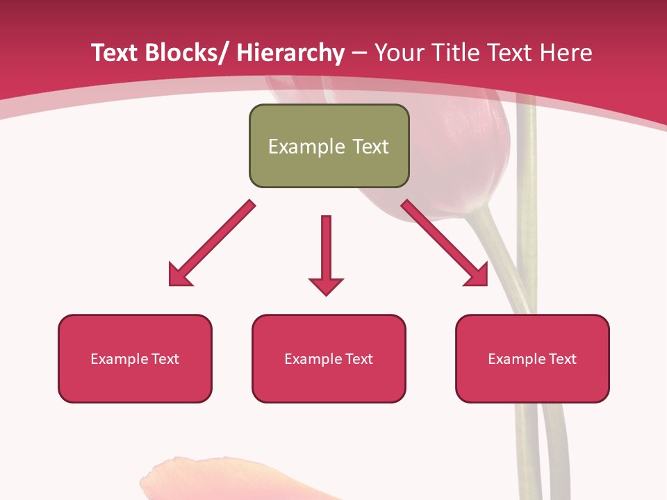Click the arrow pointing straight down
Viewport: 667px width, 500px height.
(x=326, y=250)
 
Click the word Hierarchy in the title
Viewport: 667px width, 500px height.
(x=290, y=53)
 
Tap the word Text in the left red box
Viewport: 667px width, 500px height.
(x=165, y=359)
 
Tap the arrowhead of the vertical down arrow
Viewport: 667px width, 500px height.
(x=326, y=285)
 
